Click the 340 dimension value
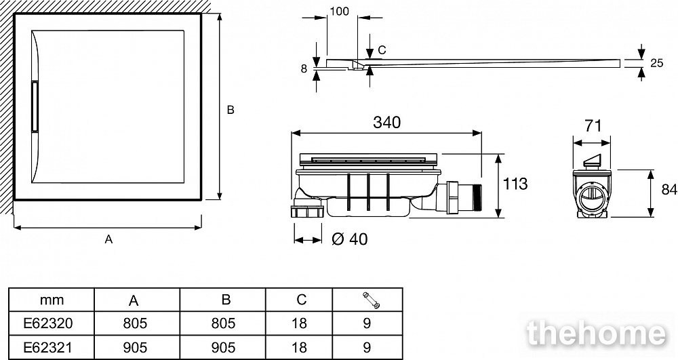(386, 123)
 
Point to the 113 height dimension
(515, 183)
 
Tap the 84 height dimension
(669, 191)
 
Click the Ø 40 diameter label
(351, 239)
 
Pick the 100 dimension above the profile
(339, 12)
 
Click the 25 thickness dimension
(656, 63)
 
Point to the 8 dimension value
(304, 68)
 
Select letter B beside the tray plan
(231, 110)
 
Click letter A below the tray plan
(108, 239)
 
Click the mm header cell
(51, 300)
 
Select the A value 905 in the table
(136, 347)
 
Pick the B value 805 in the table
(223, 323)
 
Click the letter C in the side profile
(382, 49)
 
